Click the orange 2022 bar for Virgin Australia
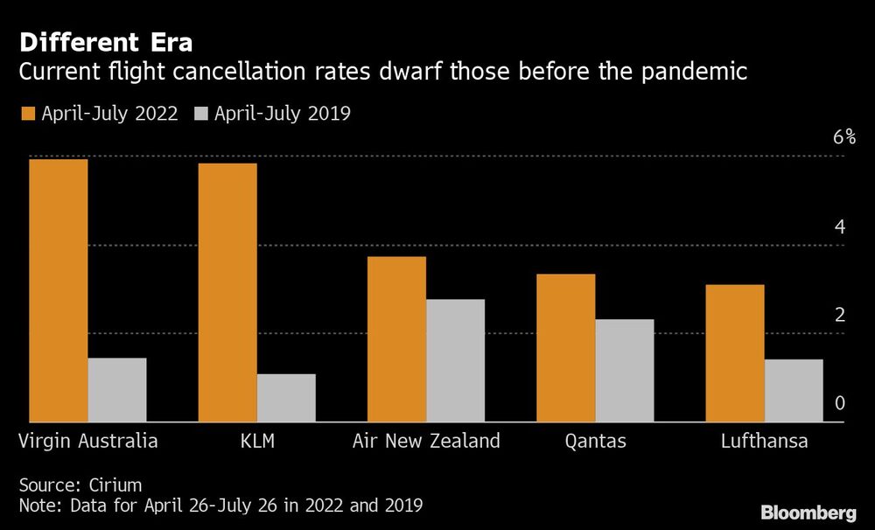click(x=58, y=291)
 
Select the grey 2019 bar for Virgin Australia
click(x=117, y=390)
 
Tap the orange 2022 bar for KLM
click(x=227, y=293)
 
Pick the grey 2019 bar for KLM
click(x=286, y=398)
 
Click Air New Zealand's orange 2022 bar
click(x=396, y=339)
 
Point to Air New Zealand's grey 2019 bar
click(x=455, y=360)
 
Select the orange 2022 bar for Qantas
click(x=565, y=348)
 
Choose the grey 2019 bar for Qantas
click(x=625, y=371)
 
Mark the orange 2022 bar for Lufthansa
click(x=735, y=353)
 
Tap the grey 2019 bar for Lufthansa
click(x=794, y=391)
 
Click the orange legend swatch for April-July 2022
click(x=26, y=114)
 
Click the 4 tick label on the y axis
click(x=840, y=227)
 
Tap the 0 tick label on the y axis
click(x=840, y=403)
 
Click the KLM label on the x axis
click(x=257, y=440)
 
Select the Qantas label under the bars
click(x=595, y=441)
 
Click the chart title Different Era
click(x=106, y=42)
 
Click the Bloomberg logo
click(x=808, y=513)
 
